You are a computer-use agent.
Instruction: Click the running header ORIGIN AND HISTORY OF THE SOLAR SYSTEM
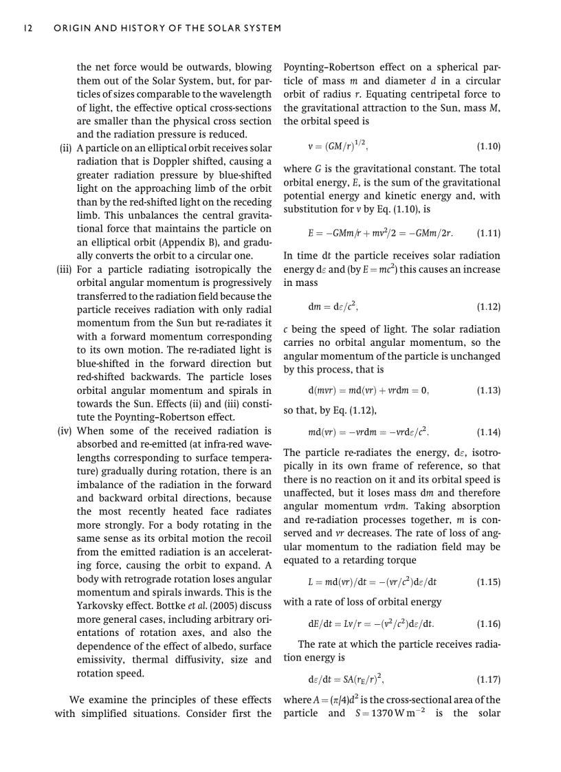click(168, 28)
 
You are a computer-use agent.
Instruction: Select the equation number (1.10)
click(488, 146)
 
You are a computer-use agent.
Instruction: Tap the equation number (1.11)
click(488, 232)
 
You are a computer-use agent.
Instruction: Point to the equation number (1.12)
click(488, 307)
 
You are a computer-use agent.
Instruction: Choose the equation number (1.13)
click(488, 390)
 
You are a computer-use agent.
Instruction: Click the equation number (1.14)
click(488, 433)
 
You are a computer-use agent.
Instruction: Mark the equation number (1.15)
click(488, 582)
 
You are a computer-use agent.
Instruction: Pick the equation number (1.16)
click(488, 624)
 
